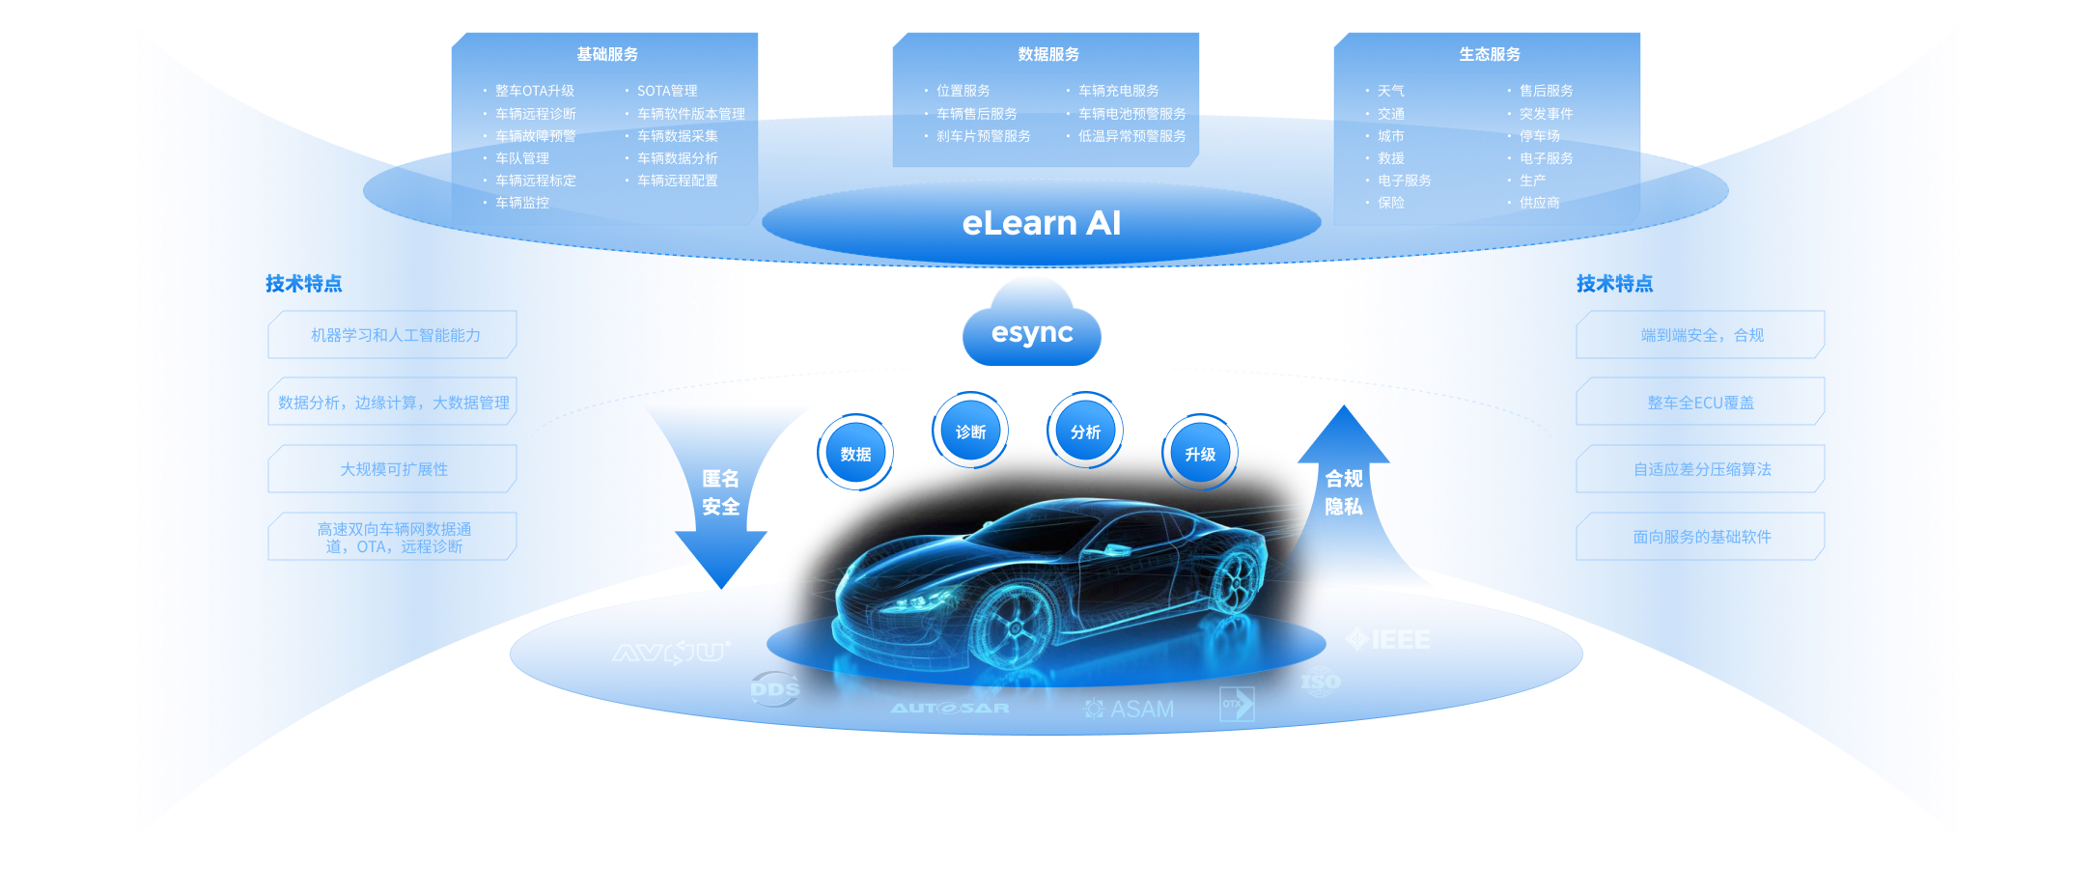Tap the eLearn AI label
(1041, 223)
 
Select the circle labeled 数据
(855, 453)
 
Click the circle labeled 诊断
(970, 431)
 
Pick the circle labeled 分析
(1085, 431)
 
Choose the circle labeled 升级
(1200, 453)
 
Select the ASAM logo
(1129, 709)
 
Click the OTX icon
(1237, 704)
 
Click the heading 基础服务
(607, 54)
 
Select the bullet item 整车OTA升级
(534, 91)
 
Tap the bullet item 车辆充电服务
(1118, 91)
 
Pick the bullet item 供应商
(1539, 203)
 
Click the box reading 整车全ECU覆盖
(1700, 403)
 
